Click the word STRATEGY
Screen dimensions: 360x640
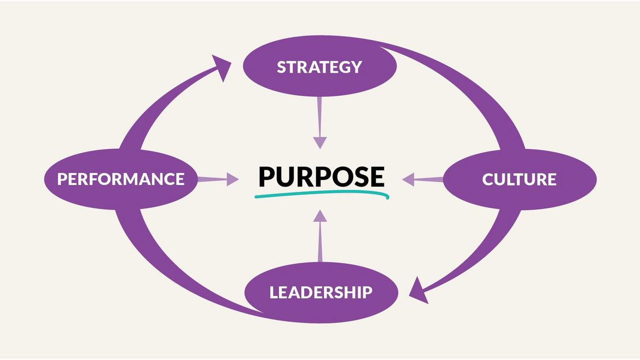[319, 67]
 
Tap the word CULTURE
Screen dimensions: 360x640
[519, 179]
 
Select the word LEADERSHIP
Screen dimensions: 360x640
[321, 292]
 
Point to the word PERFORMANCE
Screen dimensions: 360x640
[120, 179]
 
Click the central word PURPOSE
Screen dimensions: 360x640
[321, 176]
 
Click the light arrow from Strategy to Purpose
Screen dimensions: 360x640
[319, 123]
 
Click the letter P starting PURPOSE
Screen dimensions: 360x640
[266, 176]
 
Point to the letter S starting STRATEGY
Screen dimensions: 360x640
[281, 67]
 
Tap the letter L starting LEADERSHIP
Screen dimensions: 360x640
[273, 292]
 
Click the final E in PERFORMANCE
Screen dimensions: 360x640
[179, 179]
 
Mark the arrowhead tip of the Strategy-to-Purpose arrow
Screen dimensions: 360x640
[320, 147]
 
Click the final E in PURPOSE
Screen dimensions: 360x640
[377, 176]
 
